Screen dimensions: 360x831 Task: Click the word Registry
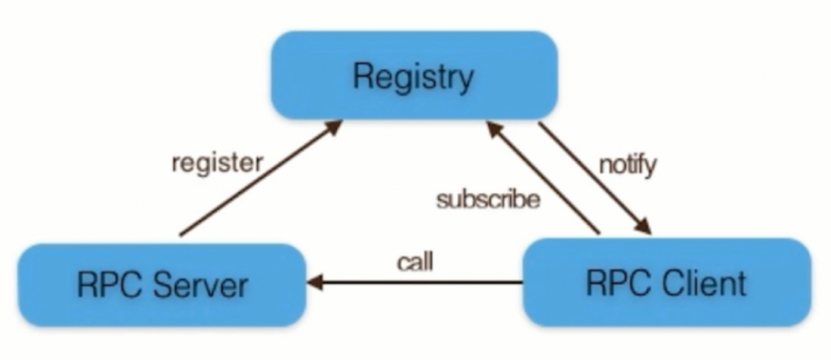(x=413, y=77)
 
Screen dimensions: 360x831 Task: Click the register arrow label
(x=216, y=162)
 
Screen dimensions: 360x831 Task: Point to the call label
(x=415, y=264)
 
